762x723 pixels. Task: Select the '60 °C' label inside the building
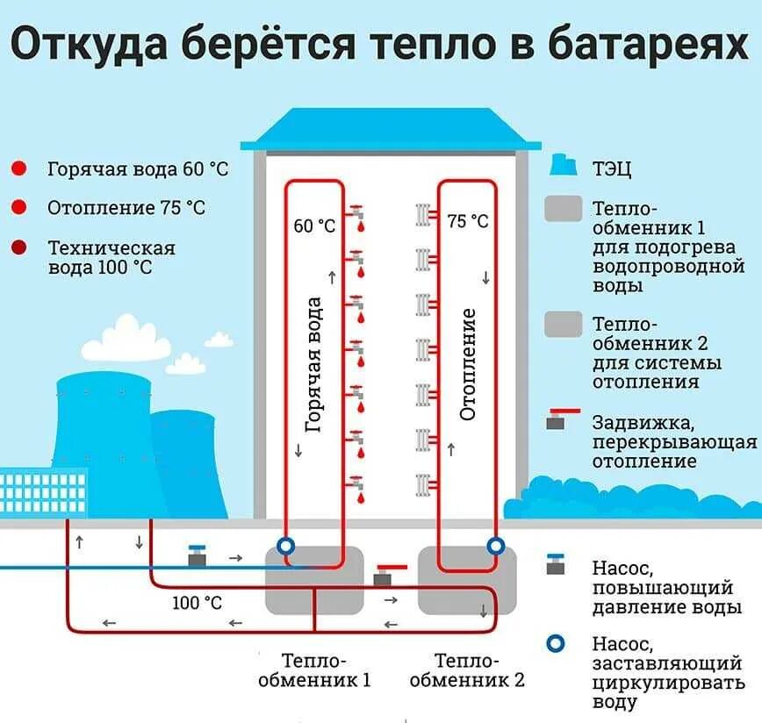(314, 226)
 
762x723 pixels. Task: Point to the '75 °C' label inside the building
(468, 221)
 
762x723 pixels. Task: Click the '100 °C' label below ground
(197, 603)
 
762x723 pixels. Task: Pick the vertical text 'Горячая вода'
(313, 364)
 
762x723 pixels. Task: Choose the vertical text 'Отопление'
(468, 363)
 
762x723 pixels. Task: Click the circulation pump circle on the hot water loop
(285, 546)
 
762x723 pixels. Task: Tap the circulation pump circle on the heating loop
(495, 546)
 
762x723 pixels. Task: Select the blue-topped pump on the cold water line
(198, 556)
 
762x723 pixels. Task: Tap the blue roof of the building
(391, 130)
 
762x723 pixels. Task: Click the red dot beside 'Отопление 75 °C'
(19, 207)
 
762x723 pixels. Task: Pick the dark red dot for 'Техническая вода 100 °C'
(19, 248)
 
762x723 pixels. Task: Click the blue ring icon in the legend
(555, 645)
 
